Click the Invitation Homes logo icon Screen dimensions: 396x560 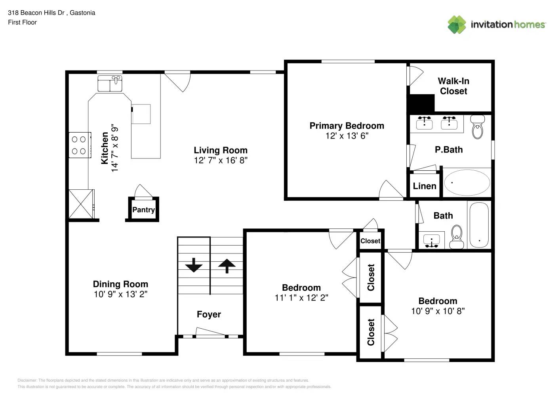coord(457,25)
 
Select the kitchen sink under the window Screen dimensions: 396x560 coord(110,84)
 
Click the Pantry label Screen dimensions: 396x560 coord(143,210)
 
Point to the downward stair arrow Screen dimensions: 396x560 coord(194,265)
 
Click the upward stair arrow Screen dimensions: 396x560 coord(227,265)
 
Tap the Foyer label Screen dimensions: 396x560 coord(209,314)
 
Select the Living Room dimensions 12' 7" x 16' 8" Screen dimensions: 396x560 coord(221,160)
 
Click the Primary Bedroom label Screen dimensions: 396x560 coord(347,126)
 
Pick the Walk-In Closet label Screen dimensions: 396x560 coord(453,86)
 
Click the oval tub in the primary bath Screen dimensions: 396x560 coord(467,183)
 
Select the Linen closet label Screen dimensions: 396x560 coord(425,186)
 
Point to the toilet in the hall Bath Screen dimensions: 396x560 coord(457,236)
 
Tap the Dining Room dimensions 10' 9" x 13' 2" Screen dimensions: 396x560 coord(120,294)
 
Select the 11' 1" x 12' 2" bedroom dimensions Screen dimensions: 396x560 coord(301,298)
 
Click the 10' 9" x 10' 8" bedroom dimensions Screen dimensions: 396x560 coord(438,311)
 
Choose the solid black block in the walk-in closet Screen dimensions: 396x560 coord(421,103)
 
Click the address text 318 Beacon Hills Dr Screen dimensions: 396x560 coord(36,13)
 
